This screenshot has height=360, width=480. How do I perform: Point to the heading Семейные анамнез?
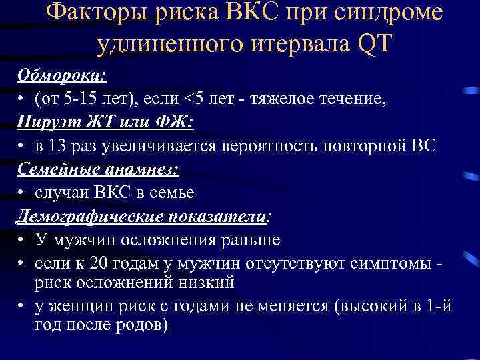[x=98, y=169]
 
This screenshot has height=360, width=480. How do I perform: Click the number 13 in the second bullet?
[x=58, y=147]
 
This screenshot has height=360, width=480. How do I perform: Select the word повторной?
[x=374, y=147]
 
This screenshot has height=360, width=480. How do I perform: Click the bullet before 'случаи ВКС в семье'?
[x=22, y=193]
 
